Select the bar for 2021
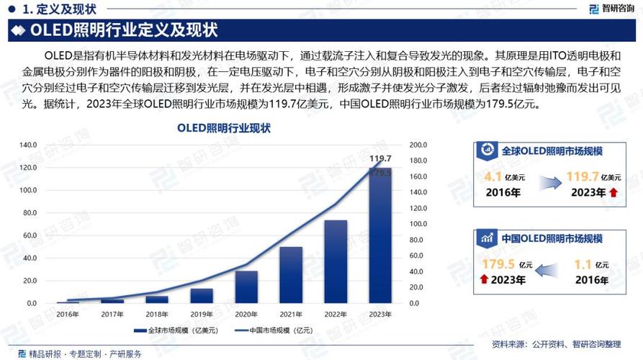click(x=291, y=275)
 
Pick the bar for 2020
click(x=246, y=287)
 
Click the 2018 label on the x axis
click(x=157, y=314)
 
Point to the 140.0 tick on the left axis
click(x=28, y=145)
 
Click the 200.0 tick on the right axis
click(x=418, y=145)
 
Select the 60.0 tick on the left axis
click(x=28, y=235)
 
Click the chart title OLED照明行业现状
click(x=224, y=128)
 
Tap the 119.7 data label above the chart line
click(x=380, y=158)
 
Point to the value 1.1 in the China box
click(x=583, y=264)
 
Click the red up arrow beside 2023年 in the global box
click(x=613, y=192)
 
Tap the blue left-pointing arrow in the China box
click(x=546, y=271)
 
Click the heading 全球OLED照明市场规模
click(x=552, y=151)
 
